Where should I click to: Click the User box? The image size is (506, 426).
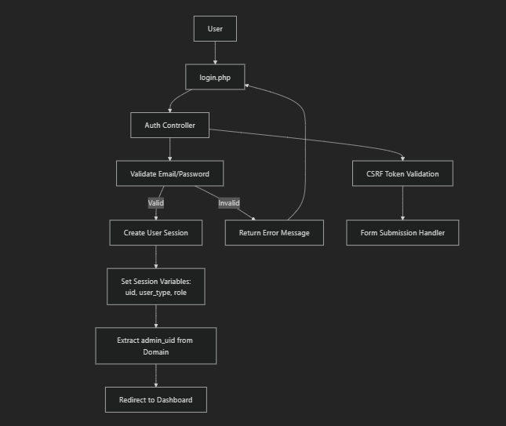215,29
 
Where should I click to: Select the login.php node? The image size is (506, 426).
215,77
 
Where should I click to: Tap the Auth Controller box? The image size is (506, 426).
169,126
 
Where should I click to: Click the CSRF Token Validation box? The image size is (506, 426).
402,173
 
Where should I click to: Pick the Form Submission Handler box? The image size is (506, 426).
402,232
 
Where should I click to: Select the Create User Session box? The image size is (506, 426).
155,232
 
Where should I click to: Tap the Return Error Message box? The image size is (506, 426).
274,233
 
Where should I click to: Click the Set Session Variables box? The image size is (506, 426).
155,286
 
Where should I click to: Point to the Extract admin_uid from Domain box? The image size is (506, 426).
155,346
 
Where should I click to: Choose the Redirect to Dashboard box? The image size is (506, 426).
155,399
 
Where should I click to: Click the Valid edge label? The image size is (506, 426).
156,203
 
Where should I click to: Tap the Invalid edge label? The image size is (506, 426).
228,203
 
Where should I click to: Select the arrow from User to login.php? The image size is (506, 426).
215,53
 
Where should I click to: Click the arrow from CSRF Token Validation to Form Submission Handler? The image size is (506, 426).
402,203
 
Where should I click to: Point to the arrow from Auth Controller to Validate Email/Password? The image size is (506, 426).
169,149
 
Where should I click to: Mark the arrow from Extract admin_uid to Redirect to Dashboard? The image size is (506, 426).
155,376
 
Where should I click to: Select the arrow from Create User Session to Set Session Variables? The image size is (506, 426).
155,257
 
